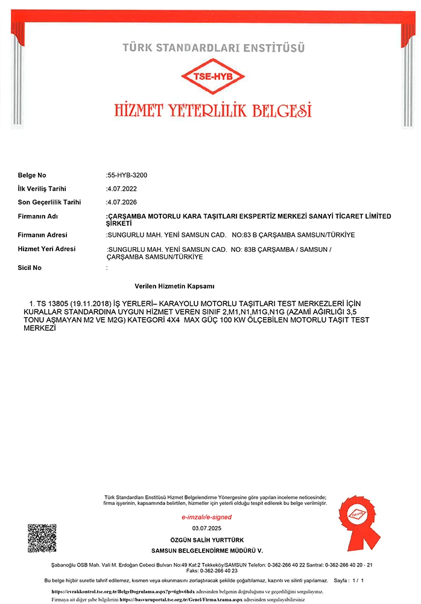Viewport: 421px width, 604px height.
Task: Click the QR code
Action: click(42, 538)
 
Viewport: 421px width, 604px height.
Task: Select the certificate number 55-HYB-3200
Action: click(127, 175)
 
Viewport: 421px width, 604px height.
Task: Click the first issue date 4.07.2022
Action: click(121, 189)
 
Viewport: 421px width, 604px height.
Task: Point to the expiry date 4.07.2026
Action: click(121, 202)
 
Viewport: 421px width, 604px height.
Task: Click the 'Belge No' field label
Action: click(32, 175)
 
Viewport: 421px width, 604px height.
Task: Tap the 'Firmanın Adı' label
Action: click(37, 216)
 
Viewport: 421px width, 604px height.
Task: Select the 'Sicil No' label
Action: click(30, 267)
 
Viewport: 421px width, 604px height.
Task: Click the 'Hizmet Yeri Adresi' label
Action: click(46, 249)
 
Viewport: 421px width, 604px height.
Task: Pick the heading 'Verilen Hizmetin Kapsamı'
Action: click(175, 286)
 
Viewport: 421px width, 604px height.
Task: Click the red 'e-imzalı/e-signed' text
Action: click(206, 517)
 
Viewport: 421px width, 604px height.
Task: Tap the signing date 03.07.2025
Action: click(207, 528)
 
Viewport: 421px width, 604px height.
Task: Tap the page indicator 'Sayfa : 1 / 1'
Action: click(349, 580)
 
